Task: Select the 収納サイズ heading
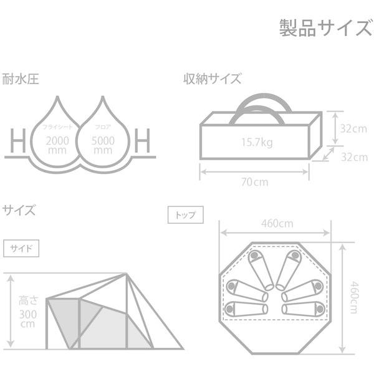pyautogui.click(x=212, y=80)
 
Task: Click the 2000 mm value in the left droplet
pyautogui.click(x=58, y=145)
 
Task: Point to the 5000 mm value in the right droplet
pyautogui.click(x=102, y=145)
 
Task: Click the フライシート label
pyautogui.click(x=57, y=127)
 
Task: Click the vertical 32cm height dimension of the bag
pyautogui.click(x=353, y=129)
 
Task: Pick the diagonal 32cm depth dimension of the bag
pyautogui.click(x=353, y=157)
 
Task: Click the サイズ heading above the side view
pyautogui.click(x=19, y=209)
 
